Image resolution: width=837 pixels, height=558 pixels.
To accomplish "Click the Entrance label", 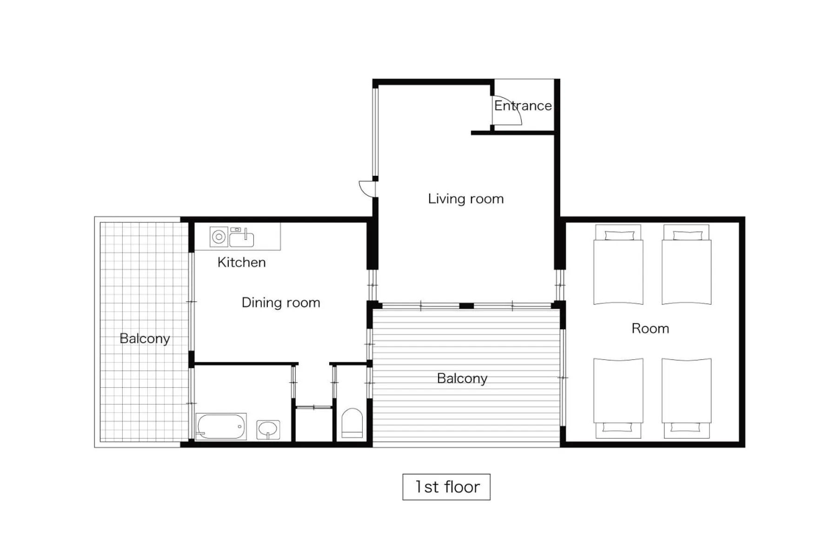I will [x=523, y=106].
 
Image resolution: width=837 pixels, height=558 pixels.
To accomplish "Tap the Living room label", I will [x=465, y=199].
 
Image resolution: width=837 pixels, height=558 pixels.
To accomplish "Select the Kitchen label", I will [x=241, y=262].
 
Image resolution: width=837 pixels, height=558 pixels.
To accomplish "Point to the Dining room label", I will [x=280, y=303].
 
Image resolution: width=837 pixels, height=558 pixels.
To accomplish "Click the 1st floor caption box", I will [x=446, y=487].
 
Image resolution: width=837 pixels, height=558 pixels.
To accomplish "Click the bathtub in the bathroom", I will [x=221, y=426].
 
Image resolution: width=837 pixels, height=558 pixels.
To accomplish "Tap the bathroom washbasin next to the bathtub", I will [x=268, y=429].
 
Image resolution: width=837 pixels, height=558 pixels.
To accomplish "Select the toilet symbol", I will [x=352, y=423].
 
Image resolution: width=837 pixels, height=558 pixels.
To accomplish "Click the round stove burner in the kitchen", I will [x=219, y=237].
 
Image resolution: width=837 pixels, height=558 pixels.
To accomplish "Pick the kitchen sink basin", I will [x=241, y=240].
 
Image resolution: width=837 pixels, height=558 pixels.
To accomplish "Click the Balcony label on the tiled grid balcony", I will [x=144, y=339].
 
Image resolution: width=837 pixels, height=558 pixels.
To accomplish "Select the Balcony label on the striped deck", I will [x=462, y=379].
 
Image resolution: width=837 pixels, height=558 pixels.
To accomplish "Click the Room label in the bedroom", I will [x=650, y=329].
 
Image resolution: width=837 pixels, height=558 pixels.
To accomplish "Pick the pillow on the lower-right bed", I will [x=686, y=427].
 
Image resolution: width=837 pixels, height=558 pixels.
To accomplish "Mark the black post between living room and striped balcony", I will [x=466, y=306].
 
